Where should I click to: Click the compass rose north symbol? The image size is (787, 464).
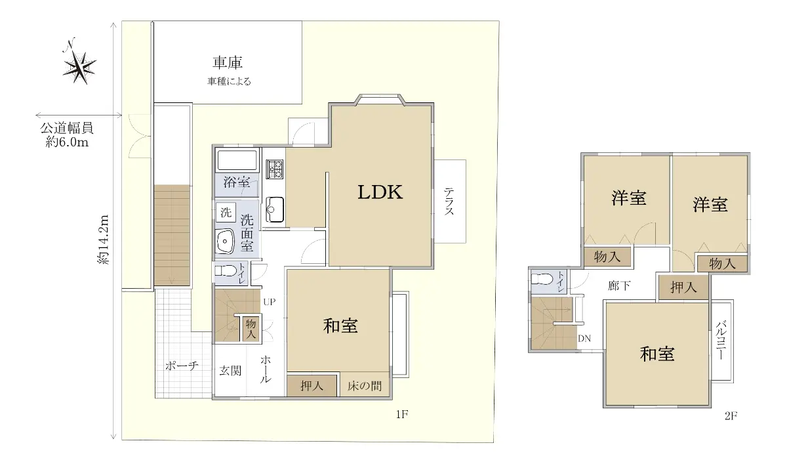(x=79, y=62)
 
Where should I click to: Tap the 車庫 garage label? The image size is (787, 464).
(x=228, y=62)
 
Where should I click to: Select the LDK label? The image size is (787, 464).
(x=380, y=192)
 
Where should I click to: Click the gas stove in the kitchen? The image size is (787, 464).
(x=274, y=169)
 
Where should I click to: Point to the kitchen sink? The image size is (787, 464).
(x=274, y=209)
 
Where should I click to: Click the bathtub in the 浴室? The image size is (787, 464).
(x=237, y=161)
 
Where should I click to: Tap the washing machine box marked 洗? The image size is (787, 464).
(x=226, y=213)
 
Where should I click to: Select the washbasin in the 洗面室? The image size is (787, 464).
(x=225, y=241)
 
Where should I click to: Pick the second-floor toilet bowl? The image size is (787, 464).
(x=542, y=279)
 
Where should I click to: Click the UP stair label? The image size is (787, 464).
(x=270, y=302)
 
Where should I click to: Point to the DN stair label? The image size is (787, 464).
(x=584, y=338)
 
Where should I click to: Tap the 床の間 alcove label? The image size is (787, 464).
(x=365, y=386)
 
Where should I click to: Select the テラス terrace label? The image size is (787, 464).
(x=449, y=201)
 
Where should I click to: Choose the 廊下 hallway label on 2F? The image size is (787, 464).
(x=619, y=285)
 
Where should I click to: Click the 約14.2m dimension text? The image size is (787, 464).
(x=104, y=240)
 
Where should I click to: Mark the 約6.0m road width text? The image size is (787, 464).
(x=67, y=142)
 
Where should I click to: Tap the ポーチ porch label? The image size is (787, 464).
(x=182, y=366)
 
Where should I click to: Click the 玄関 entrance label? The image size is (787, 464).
(x=230, y=371)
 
